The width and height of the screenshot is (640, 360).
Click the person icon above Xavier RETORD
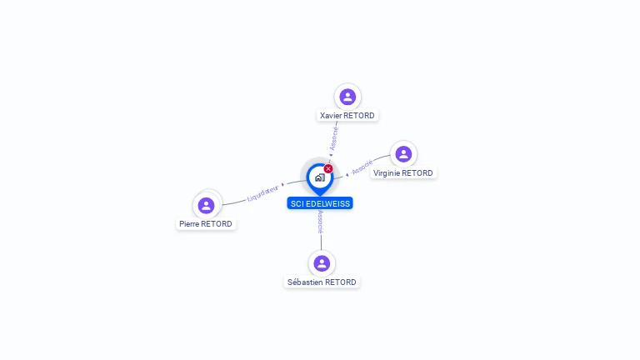(x=347, y=97)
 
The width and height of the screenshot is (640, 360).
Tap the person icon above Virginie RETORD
(x=403, y=154)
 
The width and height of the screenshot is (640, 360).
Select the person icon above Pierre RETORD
(x=207, y=205)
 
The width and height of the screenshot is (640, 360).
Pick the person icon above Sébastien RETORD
(x=322, y=263)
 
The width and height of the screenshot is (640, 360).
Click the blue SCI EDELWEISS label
(x=320, y=203)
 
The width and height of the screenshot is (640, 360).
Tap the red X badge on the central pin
(x=328, y=169)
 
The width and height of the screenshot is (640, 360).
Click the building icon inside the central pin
(x=319, y=177)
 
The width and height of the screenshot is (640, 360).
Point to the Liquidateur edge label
(x=263, y=193)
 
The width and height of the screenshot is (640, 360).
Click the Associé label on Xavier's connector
(x=333, y=136)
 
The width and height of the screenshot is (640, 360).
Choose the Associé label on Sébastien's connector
(x=321, y=221)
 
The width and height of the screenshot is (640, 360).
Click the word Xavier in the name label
(x=332, y=116)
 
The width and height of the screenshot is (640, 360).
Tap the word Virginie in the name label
(x=387, y=173)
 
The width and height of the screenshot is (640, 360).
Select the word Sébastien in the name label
(x=305, y=282)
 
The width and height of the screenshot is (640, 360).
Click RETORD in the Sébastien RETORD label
(x=341, y=282)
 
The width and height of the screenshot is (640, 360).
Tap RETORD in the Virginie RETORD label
(x=417, y=173)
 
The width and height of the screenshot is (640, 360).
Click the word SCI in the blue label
(x=297, y=203)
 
